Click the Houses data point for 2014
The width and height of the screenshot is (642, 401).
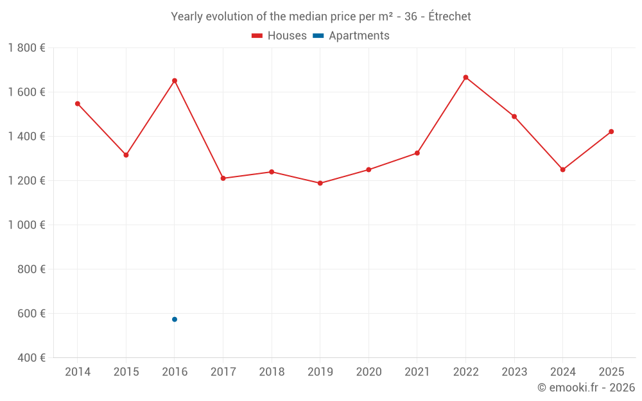(x=77, y=103)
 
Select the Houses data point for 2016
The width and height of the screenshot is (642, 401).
(x=175, y=81)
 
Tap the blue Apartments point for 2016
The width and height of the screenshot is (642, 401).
(x=175, y=320)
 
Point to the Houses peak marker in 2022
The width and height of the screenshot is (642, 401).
(x=465, y=77)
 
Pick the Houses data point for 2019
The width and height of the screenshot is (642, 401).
(x=320, y=183)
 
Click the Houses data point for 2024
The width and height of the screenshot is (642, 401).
(x=563, y=169)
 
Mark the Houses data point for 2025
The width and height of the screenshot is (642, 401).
(x=611, y=132)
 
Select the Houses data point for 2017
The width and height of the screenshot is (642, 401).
(x=223, y=178)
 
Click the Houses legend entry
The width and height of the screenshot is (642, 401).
(x=279, y=36)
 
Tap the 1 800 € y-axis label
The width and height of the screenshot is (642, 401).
(x=26, y=47)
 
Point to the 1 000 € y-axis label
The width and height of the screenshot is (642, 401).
(x=26, y=225)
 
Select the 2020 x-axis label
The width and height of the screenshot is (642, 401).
(x=369, y=372)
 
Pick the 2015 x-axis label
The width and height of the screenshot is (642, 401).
(x=126, y=372)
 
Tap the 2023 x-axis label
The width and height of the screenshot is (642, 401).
(x=514, y=372)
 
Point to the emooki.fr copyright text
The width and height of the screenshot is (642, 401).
(x=586, y=388)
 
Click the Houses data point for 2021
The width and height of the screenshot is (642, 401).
(x=417, y=153)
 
